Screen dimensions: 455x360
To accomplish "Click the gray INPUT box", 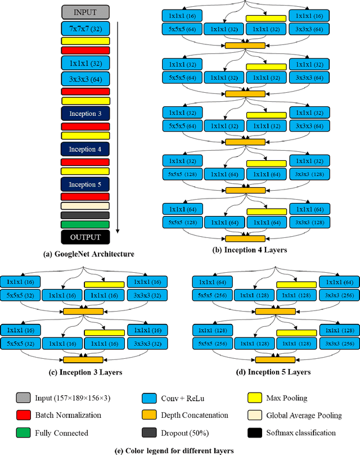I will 85,11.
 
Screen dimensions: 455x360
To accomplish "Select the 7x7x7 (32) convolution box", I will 85,28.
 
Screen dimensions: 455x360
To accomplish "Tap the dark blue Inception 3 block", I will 85,114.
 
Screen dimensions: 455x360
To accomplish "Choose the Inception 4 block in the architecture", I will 85,149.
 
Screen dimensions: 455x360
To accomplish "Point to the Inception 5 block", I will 85,184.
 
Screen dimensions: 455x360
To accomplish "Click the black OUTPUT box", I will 85,237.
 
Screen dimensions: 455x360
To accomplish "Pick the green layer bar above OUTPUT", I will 85,224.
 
